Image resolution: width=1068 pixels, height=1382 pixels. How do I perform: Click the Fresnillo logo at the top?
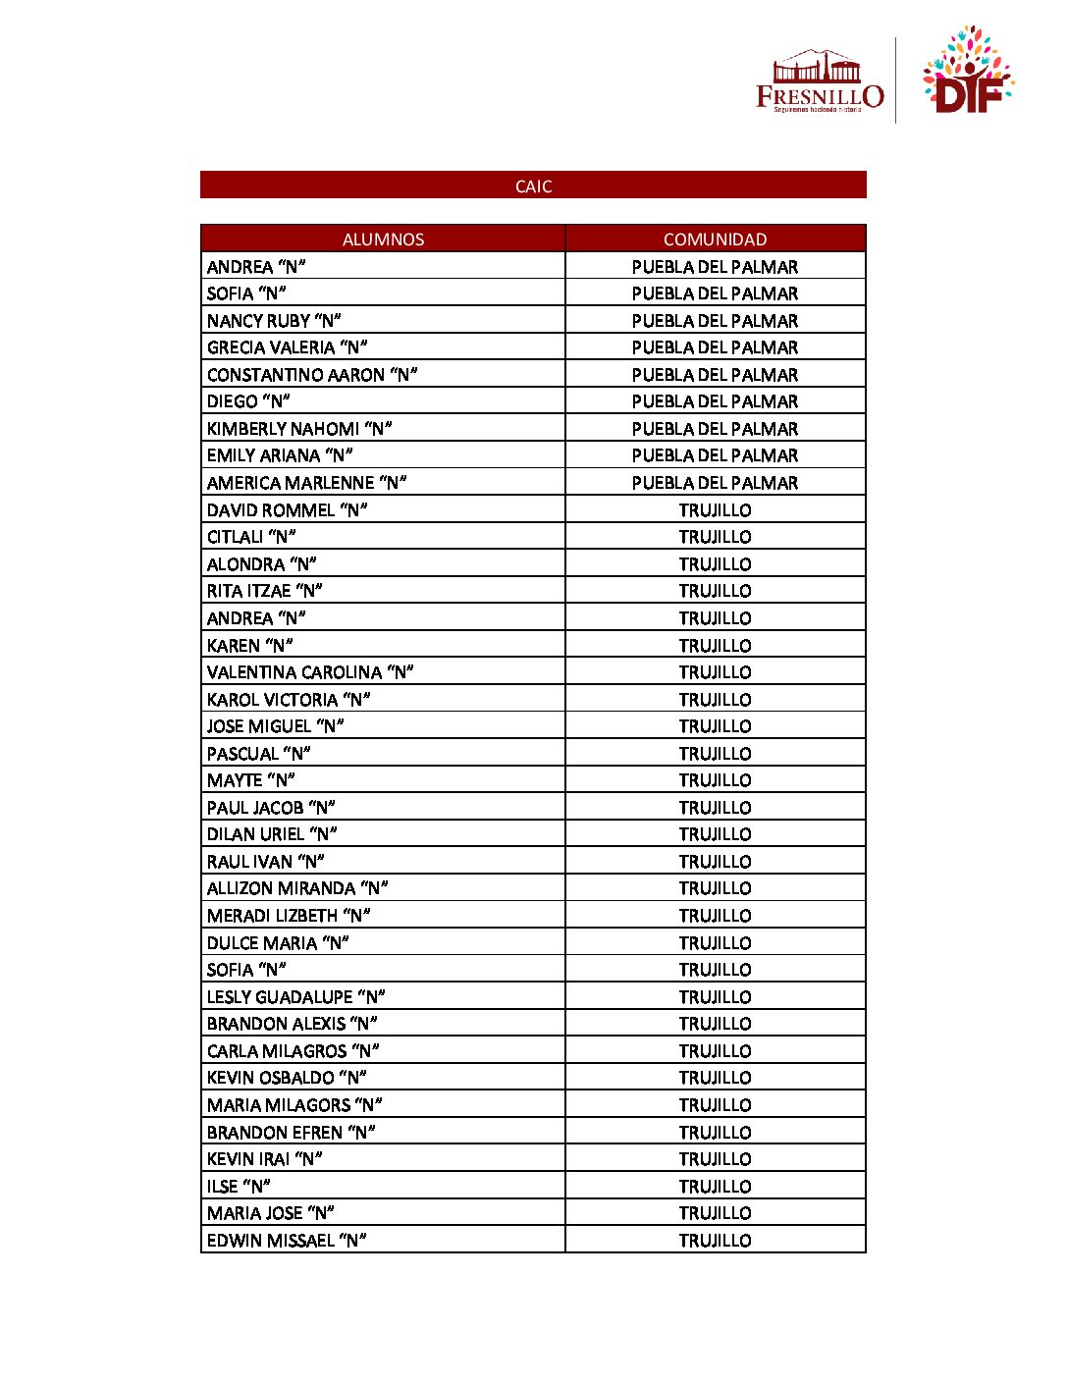coord(819,81)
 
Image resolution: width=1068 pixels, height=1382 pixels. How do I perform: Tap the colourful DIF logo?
coord(967,72)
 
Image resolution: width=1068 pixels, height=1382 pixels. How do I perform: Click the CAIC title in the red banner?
coord(533,186)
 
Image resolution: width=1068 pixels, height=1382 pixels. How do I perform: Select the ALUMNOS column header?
coord(383,239)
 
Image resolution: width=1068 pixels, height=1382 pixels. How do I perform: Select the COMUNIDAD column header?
coord(715,239)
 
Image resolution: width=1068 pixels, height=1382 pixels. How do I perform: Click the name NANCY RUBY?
coord(274,321)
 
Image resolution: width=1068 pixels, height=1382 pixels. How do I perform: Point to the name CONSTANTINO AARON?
coord(312,375)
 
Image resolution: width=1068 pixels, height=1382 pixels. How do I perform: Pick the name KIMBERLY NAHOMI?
coord(299,429)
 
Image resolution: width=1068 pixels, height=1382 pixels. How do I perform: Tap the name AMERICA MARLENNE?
coord(306,483)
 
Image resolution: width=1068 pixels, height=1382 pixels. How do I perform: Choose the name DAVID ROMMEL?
coord(287,510)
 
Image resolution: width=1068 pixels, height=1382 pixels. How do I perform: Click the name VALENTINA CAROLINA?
coord(310,672)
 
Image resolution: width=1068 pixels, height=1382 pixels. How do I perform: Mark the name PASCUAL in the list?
coord(258,754)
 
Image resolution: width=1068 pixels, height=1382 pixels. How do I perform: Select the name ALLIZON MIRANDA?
coord(297,888)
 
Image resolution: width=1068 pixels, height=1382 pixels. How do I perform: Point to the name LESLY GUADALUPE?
coord(295,997)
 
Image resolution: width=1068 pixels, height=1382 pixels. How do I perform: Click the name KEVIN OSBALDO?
coord(287,1078)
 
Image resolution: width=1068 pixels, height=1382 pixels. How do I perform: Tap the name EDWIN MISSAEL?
coord(287,1241)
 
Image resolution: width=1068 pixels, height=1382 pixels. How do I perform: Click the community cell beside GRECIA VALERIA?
coord(715,347)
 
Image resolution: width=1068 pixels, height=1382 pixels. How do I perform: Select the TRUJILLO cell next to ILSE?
coord(715,1187)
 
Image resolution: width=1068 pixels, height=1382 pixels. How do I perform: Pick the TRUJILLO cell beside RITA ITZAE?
coord(715,591)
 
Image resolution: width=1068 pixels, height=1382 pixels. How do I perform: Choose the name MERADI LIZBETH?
coord(289,916)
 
